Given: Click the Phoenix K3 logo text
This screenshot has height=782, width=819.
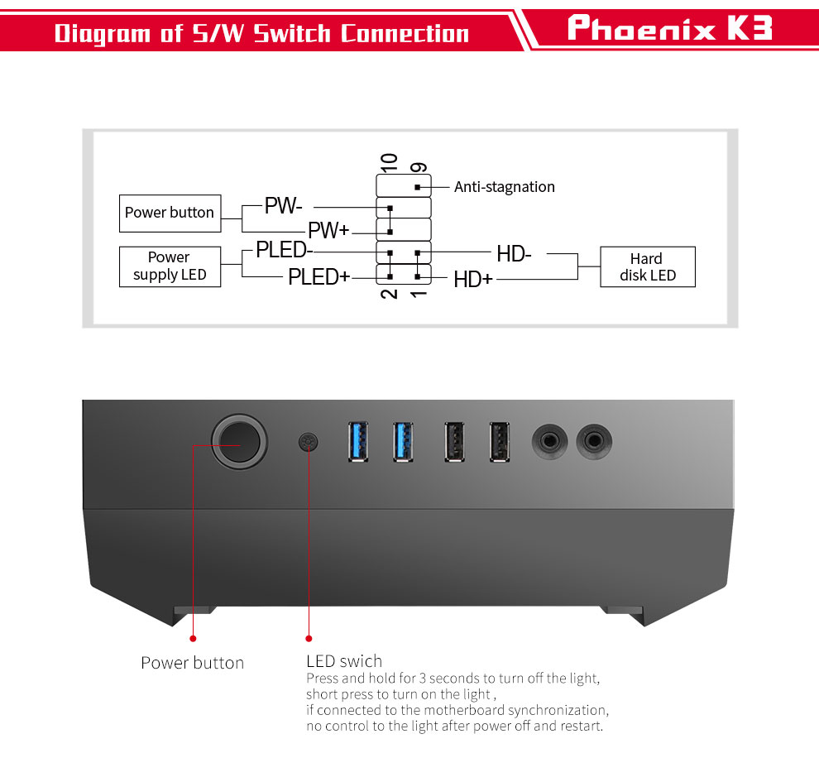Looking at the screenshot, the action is (x=669, y=27).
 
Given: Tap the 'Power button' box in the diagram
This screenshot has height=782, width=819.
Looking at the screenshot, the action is (x=170, y=213).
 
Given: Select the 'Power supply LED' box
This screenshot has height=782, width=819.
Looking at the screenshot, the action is (x=170, y=266).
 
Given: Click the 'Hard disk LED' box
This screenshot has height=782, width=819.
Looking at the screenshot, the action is (x=648, y=266).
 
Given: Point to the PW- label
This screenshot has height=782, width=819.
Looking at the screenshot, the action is (x=283, y=205).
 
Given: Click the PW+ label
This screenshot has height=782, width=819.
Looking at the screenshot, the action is (x=328, y=230).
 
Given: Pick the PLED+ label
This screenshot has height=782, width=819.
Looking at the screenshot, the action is (x=318, y=277).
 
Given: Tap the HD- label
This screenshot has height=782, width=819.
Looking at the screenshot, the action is (x=514, y=254).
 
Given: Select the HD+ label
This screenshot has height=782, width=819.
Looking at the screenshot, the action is (x=473, y=280).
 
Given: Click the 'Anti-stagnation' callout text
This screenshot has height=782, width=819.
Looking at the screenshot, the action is (x=505, y=186).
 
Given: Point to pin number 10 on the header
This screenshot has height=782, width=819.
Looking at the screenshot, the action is (x=389, y=163).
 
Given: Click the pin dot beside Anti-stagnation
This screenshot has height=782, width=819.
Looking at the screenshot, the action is (x=417, y=187).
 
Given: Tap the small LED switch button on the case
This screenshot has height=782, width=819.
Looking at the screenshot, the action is (x=309, y=442).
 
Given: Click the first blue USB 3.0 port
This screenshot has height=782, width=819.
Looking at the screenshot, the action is (x=357, y=442).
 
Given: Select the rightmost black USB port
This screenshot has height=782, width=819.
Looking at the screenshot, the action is (x=500, y=442).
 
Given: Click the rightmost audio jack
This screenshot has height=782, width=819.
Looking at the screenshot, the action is (x=594, y=441).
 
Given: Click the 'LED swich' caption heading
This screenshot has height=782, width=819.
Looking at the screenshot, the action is (x=344, y=661).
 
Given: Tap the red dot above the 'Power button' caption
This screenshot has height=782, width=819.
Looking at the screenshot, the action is (x=194, y=638).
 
